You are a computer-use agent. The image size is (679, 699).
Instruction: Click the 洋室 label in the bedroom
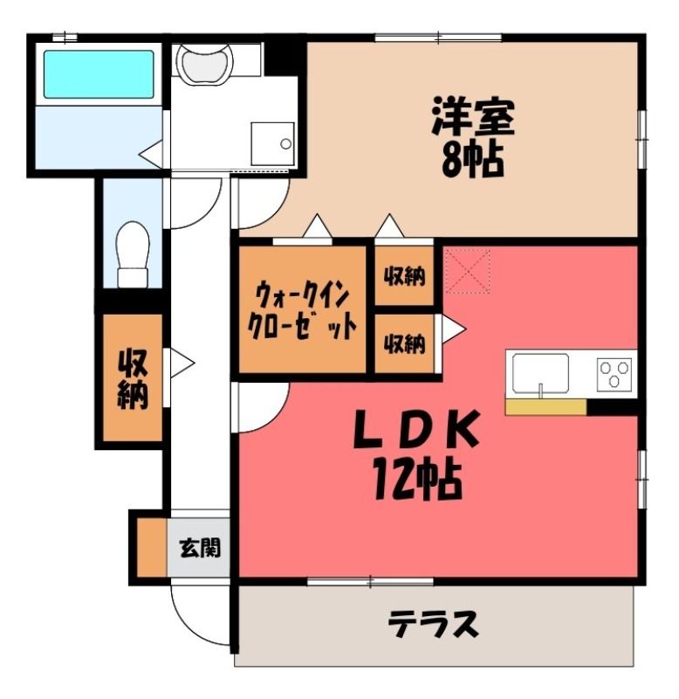[473, 117]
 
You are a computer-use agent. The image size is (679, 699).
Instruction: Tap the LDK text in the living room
[417, 429]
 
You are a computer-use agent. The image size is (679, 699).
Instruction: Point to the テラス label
[434, 623]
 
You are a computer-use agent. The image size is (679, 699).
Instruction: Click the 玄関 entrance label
[200, 548]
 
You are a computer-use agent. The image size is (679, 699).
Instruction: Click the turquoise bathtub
[99, 74]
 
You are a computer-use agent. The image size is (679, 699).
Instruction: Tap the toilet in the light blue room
[133, 254]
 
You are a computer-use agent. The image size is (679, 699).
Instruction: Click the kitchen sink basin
[540, 374]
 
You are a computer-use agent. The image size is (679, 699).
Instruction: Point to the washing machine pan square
[272, 143]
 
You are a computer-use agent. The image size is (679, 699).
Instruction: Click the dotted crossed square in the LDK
[468, 271]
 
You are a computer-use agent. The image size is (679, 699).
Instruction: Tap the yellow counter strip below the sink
[545, 407]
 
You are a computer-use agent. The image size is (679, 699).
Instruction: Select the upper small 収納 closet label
[404, 276]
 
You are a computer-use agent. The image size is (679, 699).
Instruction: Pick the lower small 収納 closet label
[404, 343]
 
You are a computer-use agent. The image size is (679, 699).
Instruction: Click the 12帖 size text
[417, 479]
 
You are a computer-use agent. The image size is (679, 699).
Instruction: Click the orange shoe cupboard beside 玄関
[151, 548]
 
